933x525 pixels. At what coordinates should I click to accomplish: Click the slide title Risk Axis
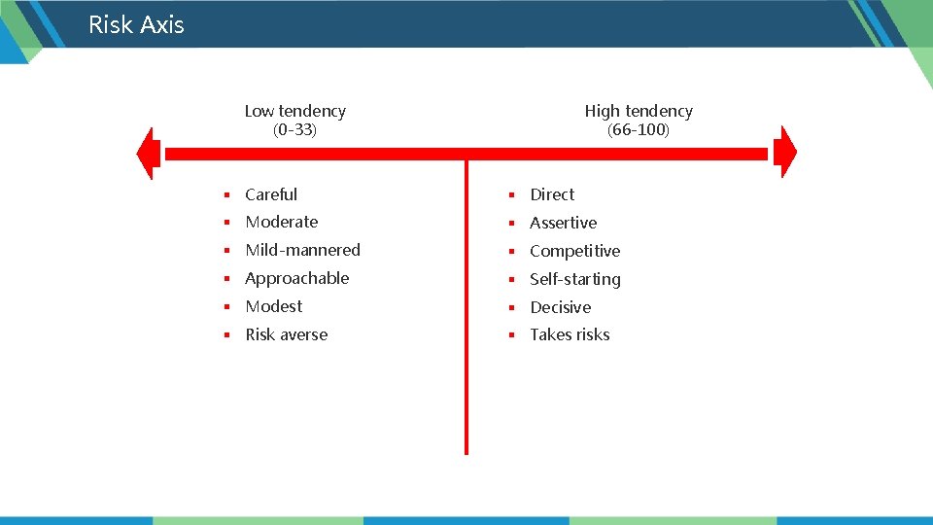[136, 24]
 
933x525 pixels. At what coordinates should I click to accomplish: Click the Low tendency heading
[294, 111]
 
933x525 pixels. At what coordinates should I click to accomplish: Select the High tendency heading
[639, 111]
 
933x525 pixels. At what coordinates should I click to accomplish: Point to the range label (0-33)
[294, 129]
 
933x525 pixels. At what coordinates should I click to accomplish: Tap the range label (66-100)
[639, 129]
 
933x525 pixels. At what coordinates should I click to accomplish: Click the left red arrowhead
[149, 154]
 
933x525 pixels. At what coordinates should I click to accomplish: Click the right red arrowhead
[785, 154]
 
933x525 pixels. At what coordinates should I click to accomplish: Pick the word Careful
[271, 194]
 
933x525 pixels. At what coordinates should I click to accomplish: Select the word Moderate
[281, 222]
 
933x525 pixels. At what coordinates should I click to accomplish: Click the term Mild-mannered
[302, 250]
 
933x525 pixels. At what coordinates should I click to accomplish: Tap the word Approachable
[296, 278]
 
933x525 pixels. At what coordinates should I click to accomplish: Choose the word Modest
[273, 306]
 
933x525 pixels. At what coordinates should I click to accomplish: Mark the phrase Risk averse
[286, 334]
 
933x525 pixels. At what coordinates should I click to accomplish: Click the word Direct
[552, 194]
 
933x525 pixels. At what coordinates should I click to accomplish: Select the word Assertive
[563, 223]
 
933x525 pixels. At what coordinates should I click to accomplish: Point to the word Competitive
[574, 251]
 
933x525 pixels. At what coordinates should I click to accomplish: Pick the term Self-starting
[574, 279]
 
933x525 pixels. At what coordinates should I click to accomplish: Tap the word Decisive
[560, 307]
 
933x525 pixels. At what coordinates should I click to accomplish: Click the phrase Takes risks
[570, 334]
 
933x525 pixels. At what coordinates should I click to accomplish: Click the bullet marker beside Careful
[225, 195]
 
